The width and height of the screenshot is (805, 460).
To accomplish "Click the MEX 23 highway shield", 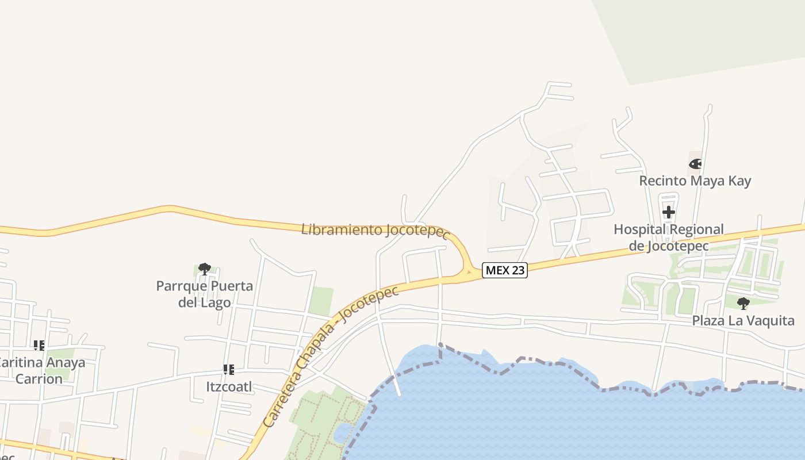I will click(x=504, y=270).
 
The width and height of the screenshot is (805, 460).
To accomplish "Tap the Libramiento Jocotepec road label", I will click(x=375, y=231).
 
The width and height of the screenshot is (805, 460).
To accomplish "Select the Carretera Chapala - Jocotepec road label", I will click(x=331, y=357).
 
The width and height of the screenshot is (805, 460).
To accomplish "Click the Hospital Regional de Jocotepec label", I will click(x=668, y=237).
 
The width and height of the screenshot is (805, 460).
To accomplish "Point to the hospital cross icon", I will click(x=668, y=212).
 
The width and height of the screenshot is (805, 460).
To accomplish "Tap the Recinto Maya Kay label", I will click(x=695, y=181).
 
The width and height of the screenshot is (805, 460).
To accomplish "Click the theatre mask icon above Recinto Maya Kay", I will click(x=695, y=164).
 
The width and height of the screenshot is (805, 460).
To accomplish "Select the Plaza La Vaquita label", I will click(x=743, y=320).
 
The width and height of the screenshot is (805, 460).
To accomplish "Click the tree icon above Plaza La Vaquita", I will click(x=743, y=303).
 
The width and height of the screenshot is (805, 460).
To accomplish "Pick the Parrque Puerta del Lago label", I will click(x=205, y=294).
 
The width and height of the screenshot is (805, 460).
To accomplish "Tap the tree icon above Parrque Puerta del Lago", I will click(x=204, y=269).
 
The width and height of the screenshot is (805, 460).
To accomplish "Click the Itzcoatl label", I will click(x=229, y=386).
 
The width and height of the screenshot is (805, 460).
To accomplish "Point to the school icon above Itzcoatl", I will click(x=229, y=370).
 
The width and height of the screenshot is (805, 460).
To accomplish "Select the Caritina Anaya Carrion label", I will click(x=40, y=371).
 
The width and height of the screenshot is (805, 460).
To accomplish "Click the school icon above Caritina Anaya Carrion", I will click(x=39, y=346).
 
